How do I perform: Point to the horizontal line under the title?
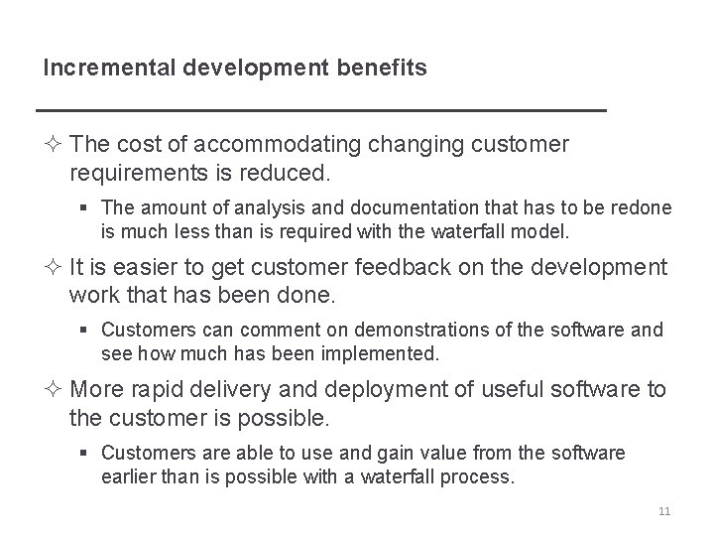319,107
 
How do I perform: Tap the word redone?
643,207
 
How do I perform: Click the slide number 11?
664,511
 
